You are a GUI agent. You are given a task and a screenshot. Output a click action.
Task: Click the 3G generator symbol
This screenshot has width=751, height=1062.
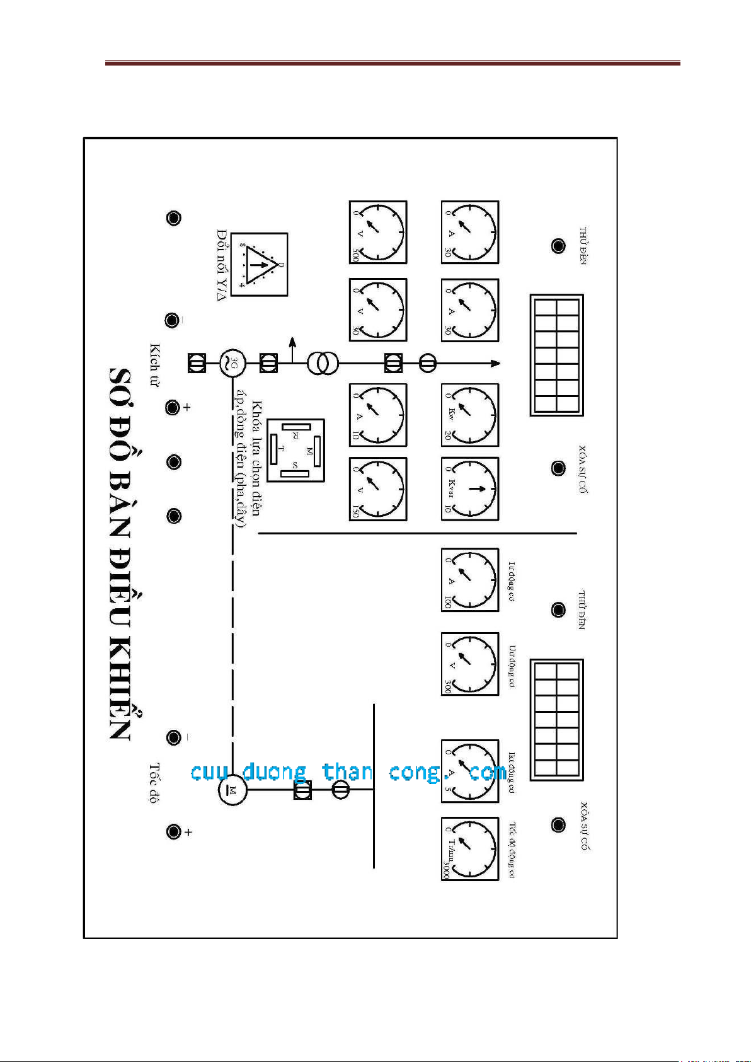232,363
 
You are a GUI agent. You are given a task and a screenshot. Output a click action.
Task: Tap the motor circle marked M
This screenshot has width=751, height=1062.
232,790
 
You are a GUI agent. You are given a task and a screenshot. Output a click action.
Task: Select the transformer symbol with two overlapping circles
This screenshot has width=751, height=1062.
323,363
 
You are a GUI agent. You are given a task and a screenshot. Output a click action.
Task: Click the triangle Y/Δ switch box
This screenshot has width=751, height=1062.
258,265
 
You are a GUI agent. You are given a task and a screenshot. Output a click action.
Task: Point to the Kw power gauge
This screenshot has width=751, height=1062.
469,415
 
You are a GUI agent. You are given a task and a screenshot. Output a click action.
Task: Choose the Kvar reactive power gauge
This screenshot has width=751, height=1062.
469,488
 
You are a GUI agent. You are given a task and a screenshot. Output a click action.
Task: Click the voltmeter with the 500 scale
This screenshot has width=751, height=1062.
378,232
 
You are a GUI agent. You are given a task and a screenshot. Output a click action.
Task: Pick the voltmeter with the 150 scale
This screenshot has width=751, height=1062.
378,488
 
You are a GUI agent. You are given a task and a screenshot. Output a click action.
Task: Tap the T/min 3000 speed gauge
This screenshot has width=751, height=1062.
469,848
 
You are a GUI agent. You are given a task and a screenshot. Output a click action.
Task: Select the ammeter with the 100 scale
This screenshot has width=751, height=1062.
469,579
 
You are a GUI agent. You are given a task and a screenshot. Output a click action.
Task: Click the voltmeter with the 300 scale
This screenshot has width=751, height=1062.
469,664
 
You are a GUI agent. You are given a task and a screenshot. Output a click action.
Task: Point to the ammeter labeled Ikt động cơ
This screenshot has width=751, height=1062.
469,771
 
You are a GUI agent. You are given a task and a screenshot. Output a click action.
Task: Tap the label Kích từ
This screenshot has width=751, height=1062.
154,365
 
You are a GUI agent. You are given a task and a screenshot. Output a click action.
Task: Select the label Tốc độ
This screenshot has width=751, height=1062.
154,783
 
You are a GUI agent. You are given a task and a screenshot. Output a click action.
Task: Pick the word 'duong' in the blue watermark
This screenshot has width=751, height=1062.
274,772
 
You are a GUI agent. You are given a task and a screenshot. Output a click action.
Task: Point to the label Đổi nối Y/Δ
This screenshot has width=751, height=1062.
221,265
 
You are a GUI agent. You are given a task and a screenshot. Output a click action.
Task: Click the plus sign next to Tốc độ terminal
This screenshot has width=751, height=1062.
188,833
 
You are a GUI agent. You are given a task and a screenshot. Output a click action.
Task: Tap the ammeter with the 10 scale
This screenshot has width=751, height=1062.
378,415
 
